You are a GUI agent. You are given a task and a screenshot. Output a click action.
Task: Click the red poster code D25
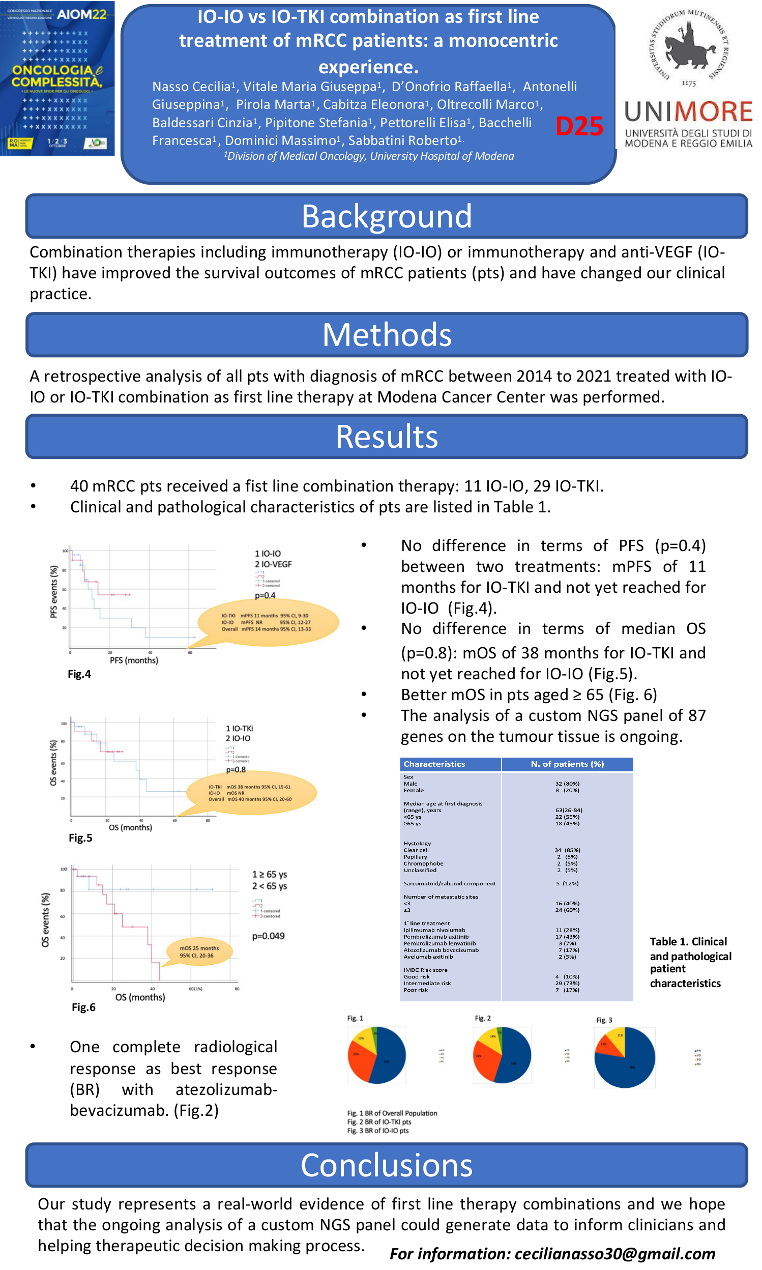coord(579,126)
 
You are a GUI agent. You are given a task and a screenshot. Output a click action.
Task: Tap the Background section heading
coord(386,216)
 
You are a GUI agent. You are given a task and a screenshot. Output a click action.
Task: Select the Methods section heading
coord(386,335)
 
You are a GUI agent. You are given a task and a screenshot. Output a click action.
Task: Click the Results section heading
coord(386,437)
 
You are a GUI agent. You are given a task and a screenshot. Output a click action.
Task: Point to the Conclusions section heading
coord(386,1165)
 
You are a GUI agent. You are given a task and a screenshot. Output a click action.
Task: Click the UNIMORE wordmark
coord(688,111)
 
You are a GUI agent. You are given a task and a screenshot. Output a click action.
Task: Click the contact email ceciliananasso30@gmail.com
coord(552,1254)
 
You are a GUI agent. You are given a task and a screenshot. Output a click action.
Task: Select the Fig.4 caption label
coord(79,674)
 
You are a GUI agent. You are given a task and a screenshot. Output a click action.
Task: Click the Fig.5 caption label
coord(80,838)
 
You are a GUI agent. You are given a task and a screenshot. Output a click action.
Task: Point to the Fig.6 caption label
coord(83,1007)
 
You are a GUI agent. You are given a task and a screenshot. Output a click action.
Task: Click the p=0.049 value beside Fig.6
coord(268,936)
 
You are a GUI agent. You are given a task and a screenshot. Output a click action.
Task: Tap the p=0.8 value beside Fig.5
coord(236,769)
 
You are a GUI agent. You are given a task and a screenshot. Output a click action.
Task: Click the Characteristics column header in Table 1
coord(434,764)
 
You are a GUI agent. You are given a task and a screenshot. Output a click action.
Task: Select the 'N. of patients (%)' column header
coord(567,764)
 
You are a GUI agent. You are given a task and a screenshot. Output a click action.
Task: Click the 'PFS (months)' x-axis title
coord(134,660)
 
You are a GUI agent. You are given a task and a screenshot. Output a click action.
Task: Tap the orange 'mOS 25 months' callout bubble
coord(199,951)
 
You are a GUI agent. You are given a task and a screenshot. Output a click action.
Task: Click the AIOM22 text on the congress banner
coord(81,14)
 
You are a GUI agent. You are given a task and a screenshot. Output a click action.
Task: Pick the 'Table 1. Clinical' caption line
coord(688,941)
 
